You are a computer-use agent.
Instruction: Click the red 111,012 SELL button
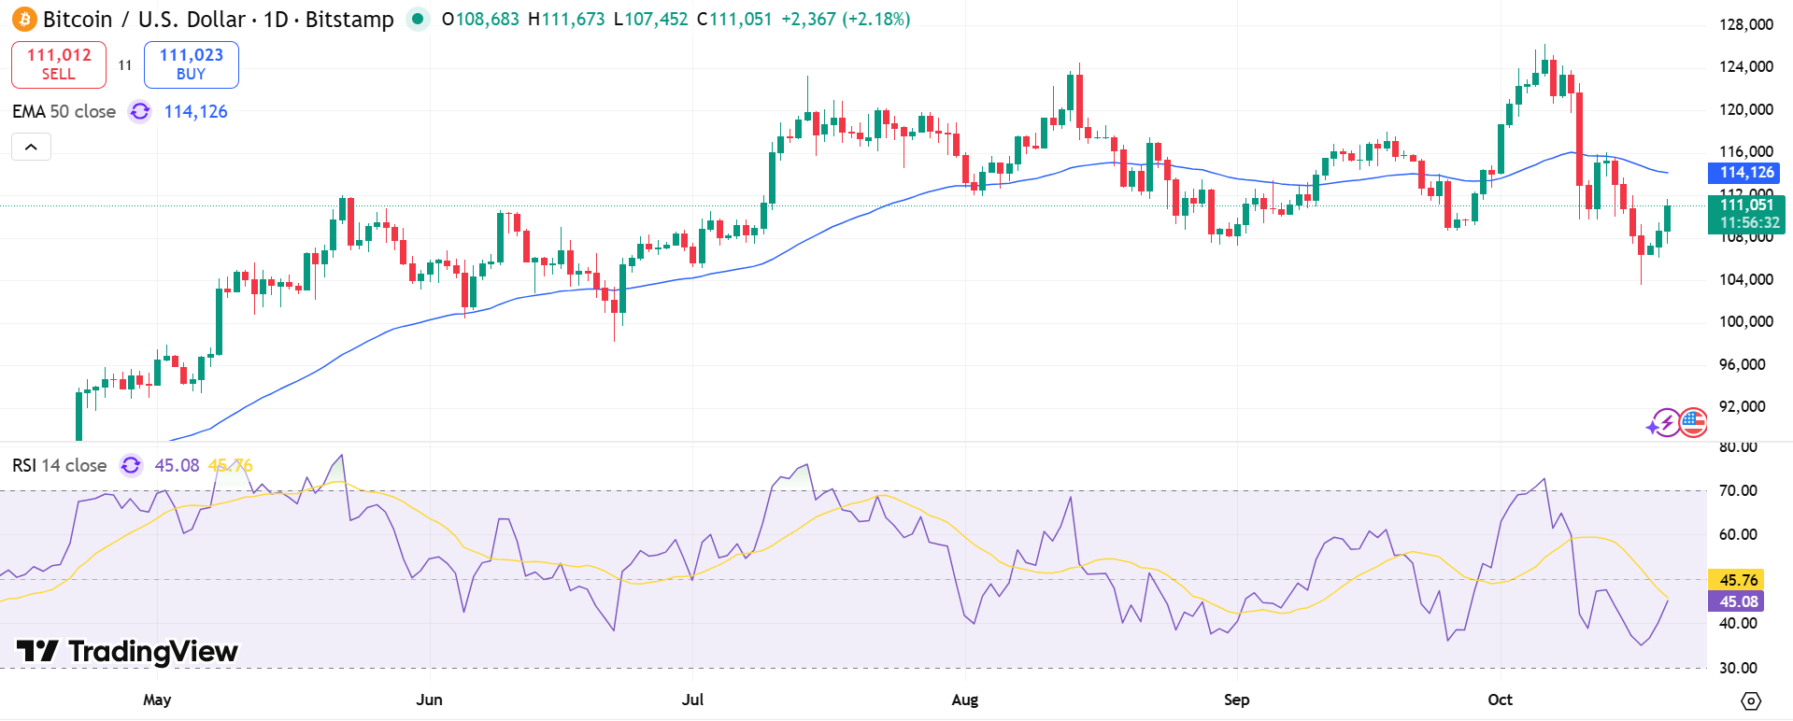(x=59, y=64)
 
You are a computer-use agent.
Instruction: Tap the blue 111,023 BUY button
(x=192, y=64)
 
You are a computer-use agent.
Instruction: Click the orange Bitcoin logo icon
(x=24, y=19)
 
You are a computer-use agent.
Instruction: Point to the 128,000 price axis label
(x=1745, y=24)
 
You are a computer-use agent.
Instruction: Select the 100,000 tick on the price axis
(x=1745, y=321)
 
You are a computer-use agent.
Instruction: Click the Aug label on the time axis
(x=964, y=700)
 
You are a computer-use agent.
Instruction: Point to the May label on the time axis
(x=157, y=700)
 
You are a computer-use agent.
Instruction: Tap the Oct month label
(x=1500, y=700)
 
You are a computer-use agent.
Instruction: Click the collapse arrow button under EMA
(x=31, y=147)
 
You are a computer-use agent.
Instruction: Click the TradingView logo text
(x=128, y=651)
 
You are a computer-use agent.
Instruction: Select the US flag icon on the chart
(x=1693, y=423)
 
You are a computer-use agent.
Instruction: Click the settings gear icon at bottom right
(x=1751, y=700)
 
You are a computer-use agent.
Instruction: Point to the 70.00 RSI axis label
(x=1738, y=490)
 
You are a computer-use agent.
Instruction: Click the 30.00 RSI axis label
(x=1738, y=668)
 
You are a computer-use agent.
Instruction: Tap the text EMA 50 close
(x=64, y=112)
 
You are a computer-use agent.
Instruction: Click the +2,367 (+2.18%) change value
(x=846, y=19)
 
